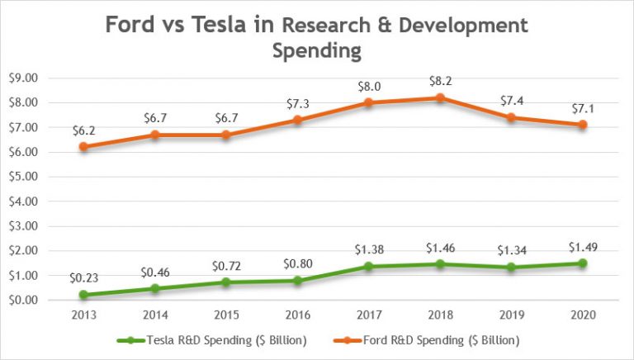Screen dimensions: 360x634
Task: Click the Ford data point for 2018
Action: click(440, 97)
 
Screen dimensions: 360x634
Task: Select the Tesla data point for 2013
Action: click(84, 295)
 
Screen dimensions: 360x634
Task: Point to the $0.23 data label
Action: click(84, 279)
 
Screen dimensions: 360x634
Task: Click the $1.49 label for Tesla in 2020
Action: click(582, 247)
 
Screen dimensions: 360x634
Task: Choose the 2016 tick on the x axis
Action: click(297, 315)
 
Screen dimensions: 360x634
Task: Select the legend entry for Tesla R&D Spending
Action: click(215, 340)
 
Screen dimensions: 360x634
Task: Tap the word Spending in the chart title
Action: click(317, 51)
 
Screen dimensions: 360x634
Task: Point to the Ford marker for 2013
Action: click(84, 147)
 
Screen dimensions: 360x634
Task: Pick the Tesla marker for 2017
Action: click(369, 267)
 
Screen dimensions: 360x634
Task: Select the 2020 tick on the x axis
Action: click(582, 315)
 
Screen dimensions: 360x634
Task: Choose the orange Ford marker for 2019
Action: click(511, 117)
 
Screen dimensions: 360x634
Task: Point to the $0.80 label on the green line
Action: click(297, 265)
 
